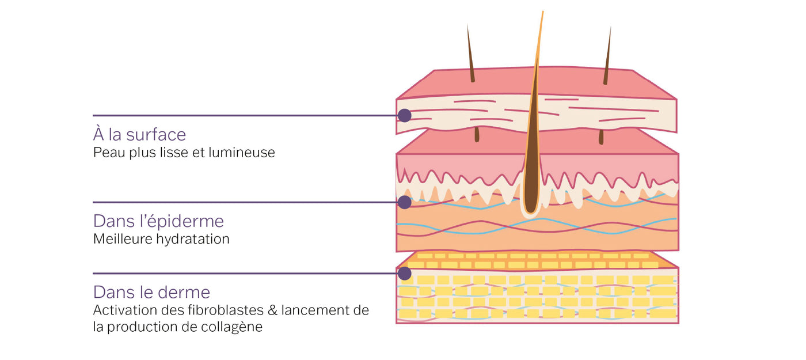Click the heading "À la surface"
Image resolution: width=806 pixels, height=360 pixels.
tap(139, 135)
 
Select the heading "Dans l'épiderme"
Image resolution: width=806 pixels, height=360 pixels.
tap(158, 221)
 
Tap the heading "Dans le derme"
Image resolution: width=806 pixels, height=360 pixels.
tap(151, 291)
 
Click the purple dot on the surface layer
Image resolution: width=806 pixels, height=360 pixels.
tap(405, 115)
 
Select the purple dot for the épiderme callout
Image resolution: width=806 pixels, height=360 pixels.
tap(405, 202)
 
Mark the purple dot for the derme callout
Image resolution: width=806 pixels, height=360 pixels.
tap(405, 273)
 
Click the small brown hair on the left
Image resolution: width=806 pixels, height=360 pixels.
tap(470, 55)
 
